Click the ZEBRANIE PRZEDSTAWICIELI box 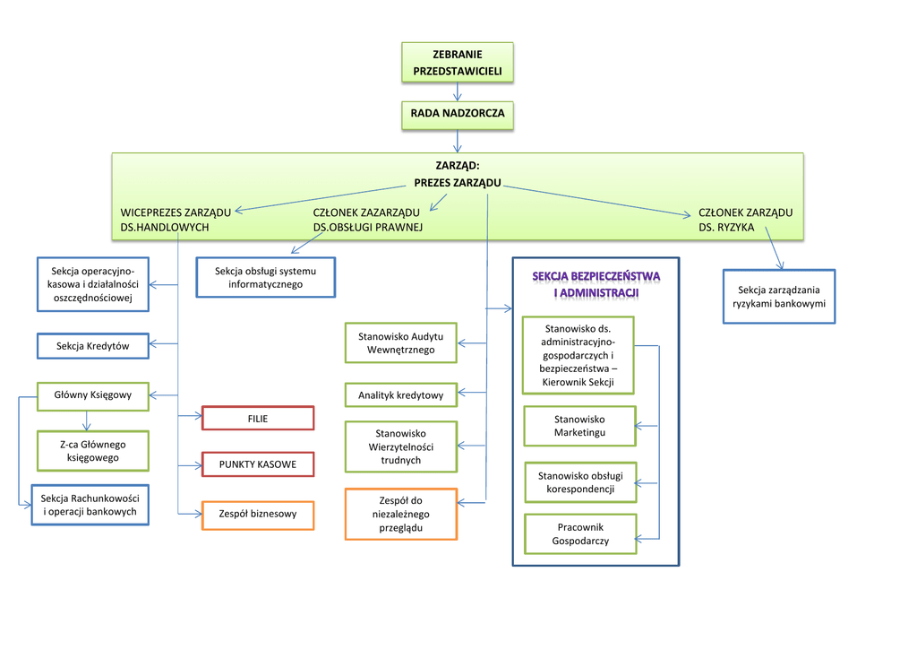pyautogui.click(x=458, y=63)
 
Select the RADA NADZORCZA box pyautogui.click(x=458, y=115)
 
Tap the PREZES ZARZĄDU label pyautogui.click(x=457, y=183)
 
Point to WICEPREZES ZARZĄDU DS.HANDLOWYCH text pyautogui.click(x=176, y=220)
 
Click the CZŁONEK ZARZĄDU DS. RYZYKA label pyautogui.click(x=745, y=220)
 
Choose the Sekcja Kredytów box pyautogui.click(x=93, y=346)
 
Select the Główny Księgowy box pyautogui.click(x=93, y=395)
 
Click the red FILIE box pyautogui.click(x=258, y=419)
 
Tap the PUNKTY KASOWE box pyautogui.click(x=258, y=464)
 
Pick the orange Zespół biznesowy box pyautogui.click(x=258, y=515)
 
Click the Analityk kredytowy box pyautogui.click(x=400, y=395)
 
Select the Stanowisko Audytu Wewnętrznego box pyautogui.click(x=400, y=342)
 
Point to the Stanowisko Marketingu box pyautogui.click(x=579, y=426)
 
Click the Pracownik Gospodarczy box pyautogui.click(x=580, y=534)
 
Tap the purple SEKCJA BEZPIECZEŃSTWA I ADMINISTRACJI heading pyautogui.click(x=596, y=284)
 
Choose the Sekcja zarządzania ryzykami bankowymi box pyautogui.click(x=778, y=297)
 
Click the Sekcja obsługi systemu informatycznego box pyautogui.click(x=265, y=277)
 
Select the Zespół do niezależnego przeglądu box pyautogui.click(x=400, y=514)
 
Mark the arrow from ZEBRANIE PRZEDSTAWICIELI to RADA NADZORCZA pyautogui.click(x=458, y=91)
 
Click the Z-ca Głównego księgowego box pyautogui.click(x=93, y=451)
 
